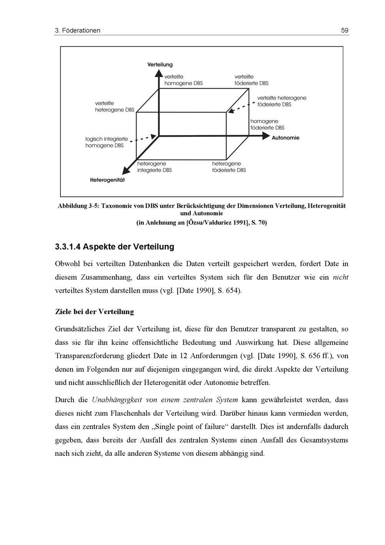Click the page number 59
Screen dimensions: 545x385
[x=345, y=30]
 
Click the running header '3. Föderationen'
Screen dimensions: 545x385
[x=78, y=30]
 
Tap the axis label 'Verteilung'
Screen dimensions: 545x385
[x=160, y=65]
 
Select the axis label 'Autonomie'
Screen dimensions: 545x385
[x=285, y=138]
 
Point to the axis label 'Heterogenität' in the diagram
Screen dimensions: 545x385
[x=107, y=180]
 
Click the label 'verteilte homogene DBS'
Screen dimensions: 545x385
[x=183, y=80]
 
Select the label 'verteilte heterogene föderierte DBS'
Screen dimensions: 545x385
[x=282, y=101]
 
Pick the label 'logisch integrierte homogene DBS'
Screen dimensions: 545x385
[x=106, y=142]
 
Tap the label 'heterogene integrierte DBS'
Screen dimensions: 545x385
[x=154, y=167]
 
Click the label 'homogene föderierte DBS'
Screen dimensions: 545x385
[x=267, y=124]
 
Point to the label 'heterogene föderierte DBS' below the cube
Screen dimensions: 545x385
[x=229, y=167]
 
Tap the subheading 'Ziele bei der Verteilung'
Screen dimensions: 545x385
[x=94, y=312]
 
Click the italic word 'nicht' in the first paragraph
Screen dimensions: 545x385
[x=340, y=277]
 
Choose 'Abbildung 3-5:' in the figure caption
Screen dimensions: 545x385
[x=79, y=206]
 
